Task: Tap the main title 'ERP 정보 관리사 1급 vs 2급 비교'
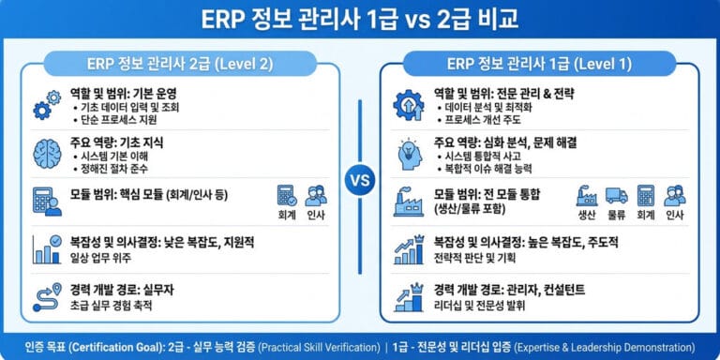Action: click(x=360, y=19)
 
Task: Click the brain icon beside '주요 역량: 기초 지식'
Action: click(x=47, y=152)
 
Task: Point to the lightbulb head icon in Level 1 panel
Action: click(x=410, y=153)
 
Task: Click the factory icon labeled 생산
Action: click(x=587, y=195)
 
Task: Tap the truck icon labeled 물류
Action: click(x=616, y=195)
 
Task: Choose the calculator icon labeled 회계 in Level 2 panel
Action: click(x=287, y=195)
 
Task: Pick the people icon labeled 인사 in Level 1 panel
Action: click(x=675, y=195)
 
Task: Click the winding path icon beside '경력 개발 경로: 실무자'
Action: click(x=46, y=295)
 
